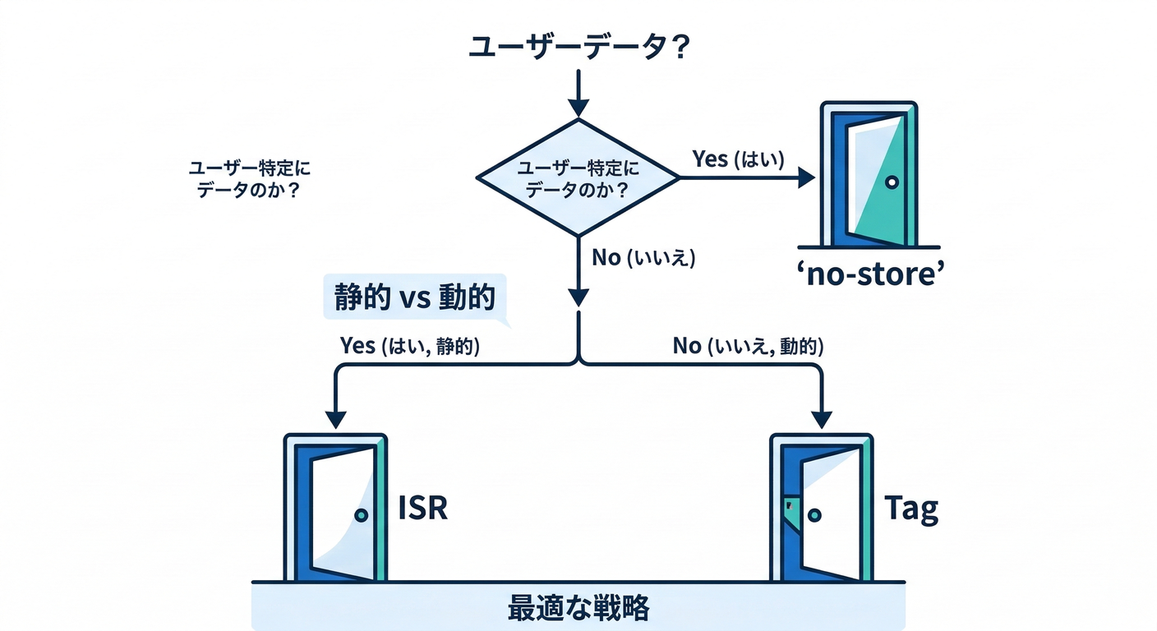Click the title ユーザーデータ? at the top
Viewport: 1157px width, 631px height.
pyautogui.click(x=578, y=45)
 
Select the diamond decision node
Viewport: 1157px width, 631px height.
pyautogui.click(x=578, y=178)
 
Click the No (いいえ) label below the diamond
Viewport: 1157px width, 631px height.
pyautogui.click(x=643, y=258)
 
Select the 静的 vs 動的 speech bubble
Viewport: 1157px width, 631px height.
pyautogui.click(x=413, y=297)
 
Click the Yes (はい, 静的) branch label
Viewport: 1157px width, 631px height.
pyautogui.click(x=409, y=346)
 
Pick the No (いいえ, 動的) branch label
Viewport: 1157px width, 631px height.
pyautogui.click(x=747, y=346)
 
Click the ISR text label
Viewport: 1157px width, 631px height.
pyautogui.click(x=422, y=509)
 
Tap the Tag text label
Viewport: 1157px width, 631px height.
pyautogui.click(x=911, y=509)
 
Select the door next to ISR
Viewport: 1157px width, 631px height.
pyautogui.click(x=335, y=508)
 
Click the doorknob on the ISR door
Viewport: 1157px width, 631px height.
pyautogui.click(x=360, y=515)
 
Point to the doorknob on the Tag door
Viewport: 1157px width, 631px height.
pyautogui.click(x=814, y=515)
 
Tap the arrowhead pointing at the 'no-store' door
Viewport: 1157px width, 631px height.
pyautogui.click(x=805, y=178)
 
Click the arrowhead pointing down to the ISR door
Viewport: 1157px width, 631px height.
pyautogui.click(x=336, y=417)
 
